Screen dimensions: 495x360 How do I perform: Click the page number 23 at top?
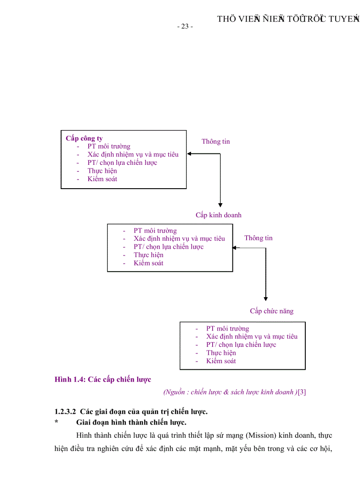185,26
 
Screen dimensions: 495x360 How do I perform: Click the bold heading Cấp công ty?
84,138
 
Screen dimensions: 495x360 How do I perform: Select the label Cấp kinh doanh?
218,215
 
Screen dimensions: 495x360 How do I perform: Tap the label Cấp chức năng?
271,311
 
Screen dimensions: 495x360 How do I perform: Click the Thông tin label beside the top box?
216,141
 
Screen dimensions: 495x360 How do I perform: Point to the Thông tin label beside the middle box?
259,238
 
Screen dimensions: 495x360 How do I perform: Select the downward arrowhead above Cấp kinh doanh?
220,204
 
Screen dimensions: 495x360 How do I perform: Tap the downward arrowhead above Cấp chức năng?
266,298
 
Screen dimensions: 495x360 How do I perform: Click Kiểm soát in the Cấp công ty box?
102,179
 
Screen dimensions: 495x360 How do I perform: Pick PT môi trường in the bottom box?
227,328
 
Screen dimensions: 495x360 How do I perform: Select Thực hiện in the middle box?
149,255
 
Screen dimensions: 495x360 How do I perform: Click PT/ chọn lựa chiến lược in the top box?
122,163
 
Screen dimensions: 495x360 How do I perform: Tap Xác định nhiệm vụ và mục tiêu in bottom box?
251,336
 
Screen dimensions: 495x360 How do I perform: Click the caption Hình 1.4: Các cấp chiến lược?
103,380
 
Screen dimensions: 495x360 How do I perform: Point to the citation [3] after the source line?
302,392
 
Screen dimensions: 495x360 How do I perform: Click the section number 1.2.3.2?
65,412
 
